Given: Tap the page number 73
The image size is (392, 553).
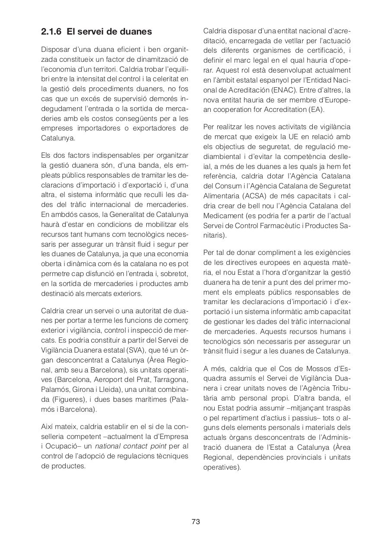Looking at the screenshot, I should tap(196, 521).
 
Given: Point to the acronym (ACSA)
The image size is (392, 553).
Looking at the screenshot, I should tap(259, 195).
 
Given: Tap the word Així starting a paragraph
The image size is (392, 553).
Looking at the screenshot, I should tap(48, 426).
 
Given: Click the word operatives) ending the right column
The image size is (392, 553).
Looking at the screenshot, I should tap(222, 467).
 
